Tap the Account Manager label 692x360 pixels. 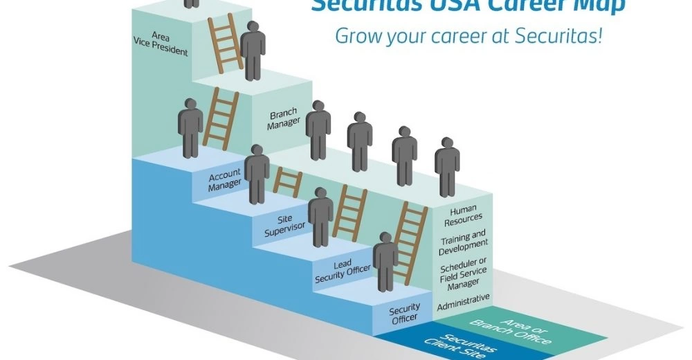(x=225, y=178)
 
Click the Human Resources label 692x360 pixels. (x=465, y=213)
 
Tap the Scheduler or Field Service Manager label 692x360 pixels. (x=464, y=273)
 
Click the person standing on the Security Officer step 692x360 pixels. (x=385, y=262)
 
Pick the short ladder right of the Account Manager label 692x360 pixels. (x=288, y=182)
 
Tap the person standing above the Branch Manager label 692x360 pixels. (x=318, y=130)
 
